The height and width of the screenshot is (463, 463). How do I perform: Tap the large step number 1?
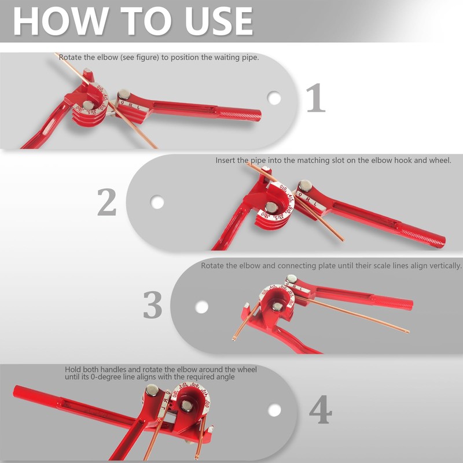tap(315, 97)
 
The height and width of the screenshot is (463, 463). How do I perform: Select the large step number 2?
tap(106, 202)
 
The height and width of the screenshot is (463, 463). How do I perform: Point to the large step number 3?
tap(152, 304)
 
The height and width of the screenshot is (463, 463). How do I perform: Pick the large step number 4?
tap(321, 409)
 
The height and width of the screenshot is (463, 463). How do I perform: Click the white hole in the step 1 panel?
tap(274, 98)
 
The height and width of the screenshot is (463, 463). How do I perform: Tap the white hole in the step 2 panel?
tap(157, 202)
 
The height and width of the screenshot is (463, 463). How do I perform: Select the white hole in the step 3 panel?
tap(201, 307)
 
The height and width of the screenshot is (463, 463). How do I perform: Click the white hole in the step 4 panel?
tap(274, 410)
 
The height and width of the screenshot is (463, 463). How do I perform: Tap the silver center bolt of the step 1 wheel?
tap(88, 105)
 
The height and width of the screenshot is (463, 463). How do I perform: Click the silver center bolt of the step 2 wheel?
tap(271, 207)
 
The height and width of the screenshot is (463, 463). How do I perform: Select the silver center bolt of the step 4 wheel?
tap(186, 406)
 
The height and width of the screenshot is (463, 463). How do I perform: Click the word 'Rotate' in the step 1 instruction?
tap(70, 57)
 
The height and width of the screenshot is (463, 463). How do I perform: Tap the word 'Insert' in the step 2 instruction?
tap(225, 160)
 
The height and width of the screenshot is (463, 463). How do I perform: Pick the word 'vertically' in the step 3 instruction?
tap(446, 266)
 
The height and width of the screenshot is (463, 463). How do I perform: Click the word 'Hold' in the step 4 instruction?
tap(73, 369)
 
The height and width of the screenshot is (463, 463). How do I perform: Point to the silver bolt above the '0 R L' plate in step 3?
tap(292, 278)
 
